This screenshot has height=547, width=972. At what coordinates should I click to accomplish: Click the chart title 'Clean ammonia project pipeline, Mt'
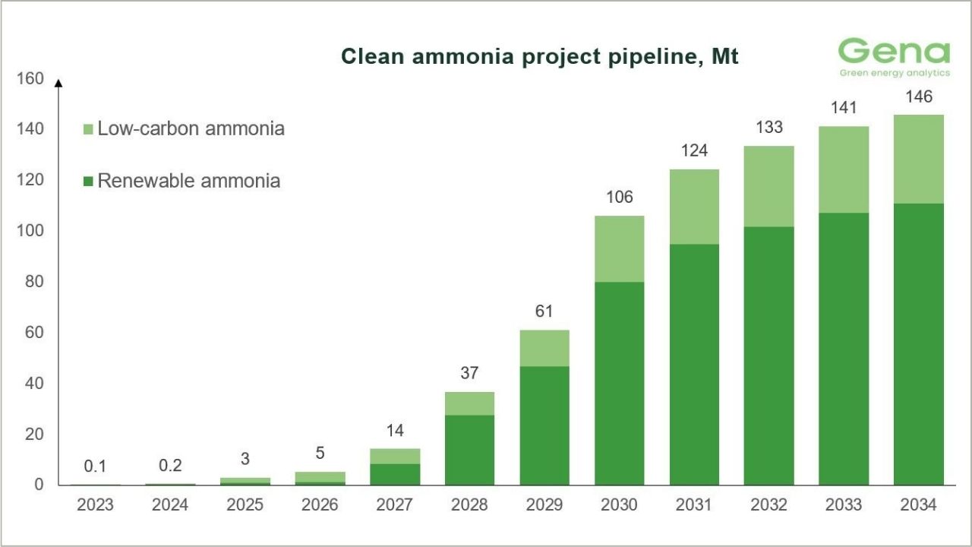(539, 57)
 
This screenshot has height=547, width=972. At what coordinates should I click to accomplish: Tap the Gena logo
(894, 57)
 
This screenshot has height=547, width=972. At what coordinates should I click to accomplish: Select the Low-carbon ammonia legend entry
(183, 128)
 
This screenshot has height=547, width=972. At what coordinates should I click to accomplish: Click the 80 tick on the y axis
(34, 282)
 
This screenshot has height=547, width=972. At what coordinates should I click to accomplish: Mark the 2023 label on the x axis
(95, 505)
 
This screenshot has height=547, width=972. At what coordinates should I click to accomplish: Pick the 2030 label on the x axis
(619, 505)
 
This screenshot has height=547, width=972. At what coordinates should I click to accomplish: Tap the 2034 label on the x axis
(918, 505)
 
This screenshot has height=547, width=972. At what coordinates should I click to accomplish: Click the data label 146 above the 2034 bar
(918, 96)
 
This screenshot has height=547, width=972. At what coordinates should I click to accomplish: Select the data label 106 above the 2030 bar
(619, 198)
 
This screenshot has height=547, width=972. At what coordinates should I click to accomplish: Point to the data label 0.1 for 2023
(95, 466)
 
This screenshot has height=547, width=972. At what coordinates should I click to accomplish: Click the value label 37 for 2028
(469, 373)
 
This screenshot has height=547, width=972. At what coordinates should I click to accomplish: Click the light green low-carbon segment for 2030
(619, 249)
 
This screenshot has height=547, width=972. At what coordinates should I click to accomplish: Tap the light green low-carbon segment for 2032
(768, 186)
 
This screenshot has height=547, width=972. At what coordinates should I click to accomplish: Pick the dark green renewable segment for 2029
(544, 425)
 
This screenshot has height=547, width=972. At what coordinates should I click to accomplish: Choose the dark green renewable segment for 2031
(694, 365)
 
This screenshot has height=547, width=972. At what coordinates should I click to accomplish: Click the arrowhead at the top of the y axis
(58, 82)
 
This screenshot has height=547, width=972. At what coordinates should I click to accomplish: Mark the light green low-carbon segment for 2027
(395, 456)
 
